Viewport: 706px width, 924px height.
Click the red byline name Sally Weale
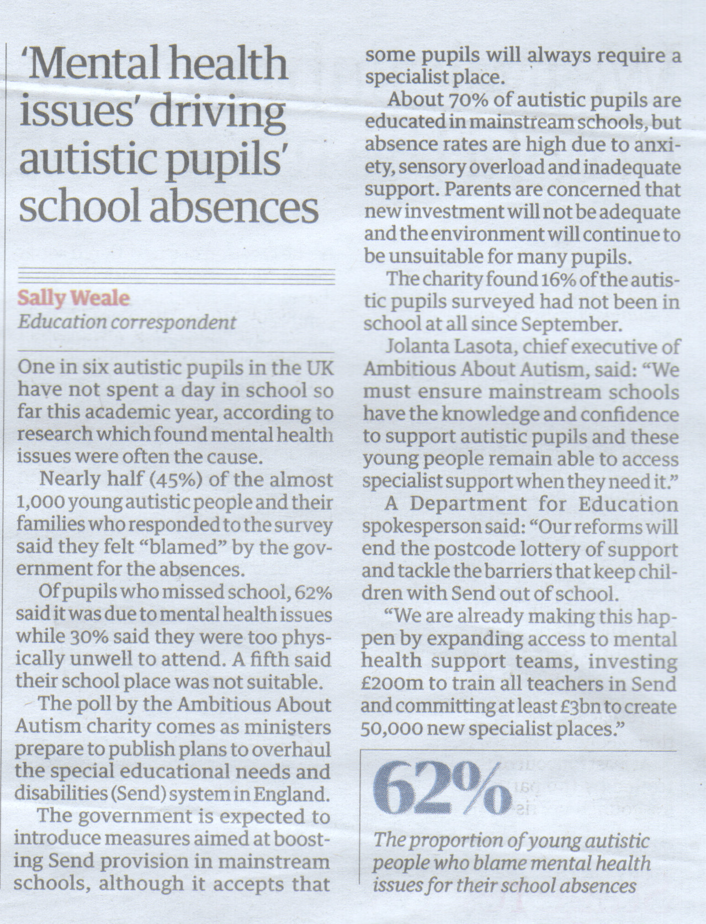(74, 298)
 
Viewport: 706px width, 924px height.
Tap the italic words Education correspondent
(127, 322)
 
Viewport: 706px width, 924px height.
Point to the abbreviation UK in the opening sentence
(320, 367)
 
